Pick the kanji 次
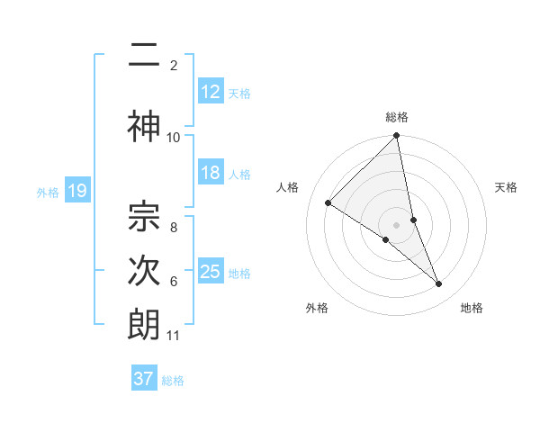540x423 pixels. click(x=145, y=271)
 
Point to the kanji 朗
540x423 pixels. click(x=145, y=325)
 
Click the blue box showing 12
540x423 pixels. click(x=211, y=92)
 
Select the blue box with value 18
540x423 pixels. click(x=211, y=173)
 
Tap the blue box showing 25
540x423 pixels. click(x=211, y=272)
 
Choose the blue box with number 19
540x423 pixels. click(x=76, y=191)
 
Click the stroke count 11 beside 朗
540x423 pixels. click(x=173, y=336)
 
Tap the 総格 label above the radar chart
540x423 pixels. click(x=397, y=117)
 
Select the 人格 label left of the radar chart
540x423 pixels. click(x=288, y=187)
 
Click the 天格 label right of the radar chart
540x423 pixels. click(x=507, y=187)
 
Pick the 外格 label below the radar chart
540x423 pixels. click(x=317, y=308)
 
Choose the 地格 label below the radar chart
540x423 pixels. click(x=472, y=308)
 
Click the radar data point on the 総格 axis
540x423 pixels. click(x=397, y=136)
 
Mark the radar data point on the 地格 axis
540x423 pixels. click(x=439, y=283)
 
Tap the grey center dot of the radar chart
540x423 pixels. click(x=397, y=223)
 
